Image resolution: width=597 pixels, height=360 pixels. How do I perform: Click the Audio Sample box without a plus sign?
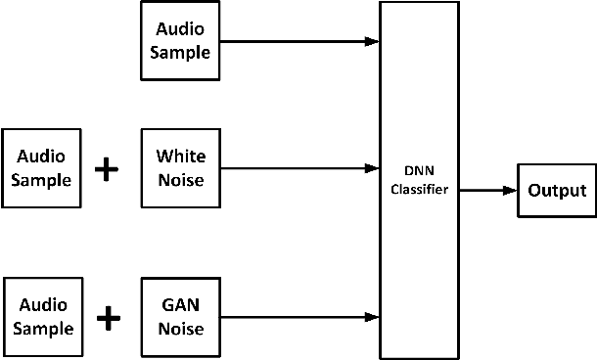click(178, 41)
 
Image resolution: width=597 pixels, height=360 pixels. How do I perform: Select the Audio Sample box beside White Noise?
click(41, 167)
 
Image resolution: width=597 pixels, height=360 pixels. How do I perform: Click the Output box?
click(557, 191)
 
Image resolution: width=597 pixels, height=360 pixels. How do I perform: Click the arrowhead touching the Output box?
click(510, 191)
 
